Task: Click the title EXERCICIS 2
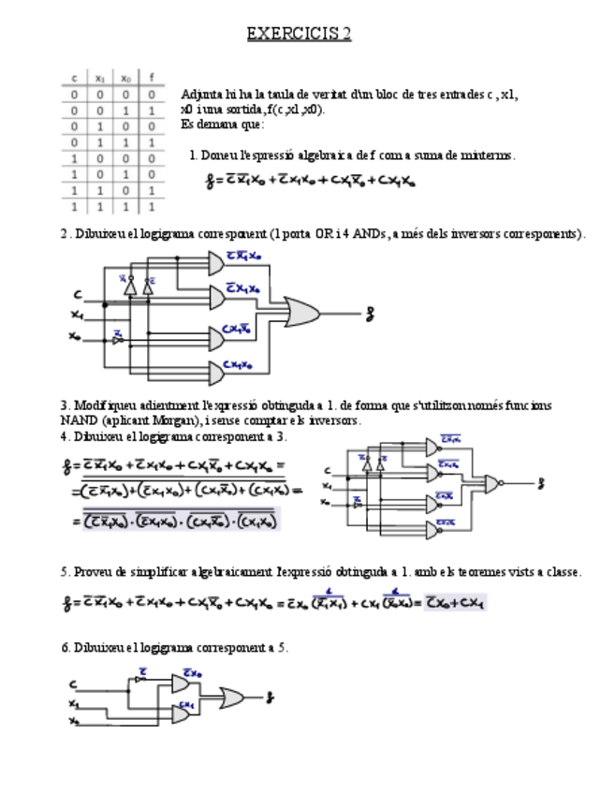click(x=299, y=35)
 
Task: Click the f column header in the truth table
click(x=151, y=79)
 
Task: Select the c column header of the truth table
click(x=75, y=79)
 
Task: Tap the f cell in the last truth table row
click(x=151, y=204)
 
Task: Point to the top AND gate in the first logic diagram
click(x=212, y=265)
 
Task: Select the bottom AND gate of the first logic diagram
click(x=212, y=374)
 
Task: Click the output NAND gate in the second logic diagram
click(x=491, y=483)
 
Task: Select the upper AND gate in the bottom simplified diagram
click(x=181, y=684)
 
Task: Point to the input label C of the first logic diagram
click(x=79, y=296)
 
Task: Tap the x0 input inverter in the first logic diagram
click(x=118, y=339)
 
